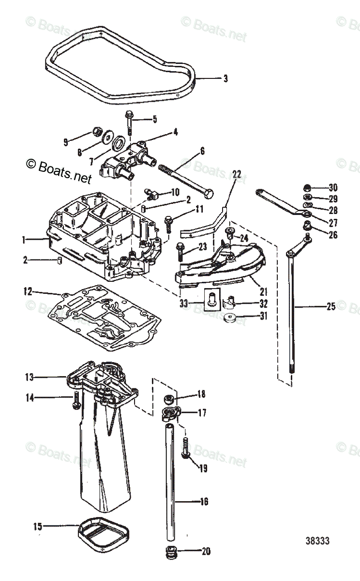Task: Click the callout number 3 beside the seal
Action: point(225,78)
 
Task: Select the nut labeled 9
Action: point(96,132)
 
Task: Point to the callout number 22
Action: point(236,174)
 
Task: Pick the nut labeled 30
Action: point(306,188)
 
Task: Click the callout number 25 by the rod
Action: point(330,306)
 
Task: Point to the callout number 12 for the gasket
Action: point(28,292)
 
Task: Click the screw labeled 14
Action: point(76,398)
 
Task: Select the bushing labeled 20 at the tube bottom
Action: point(171,552)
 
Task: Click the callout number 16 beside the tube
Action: point(204,502)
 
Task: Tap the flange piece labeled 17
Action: point(172,413)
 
